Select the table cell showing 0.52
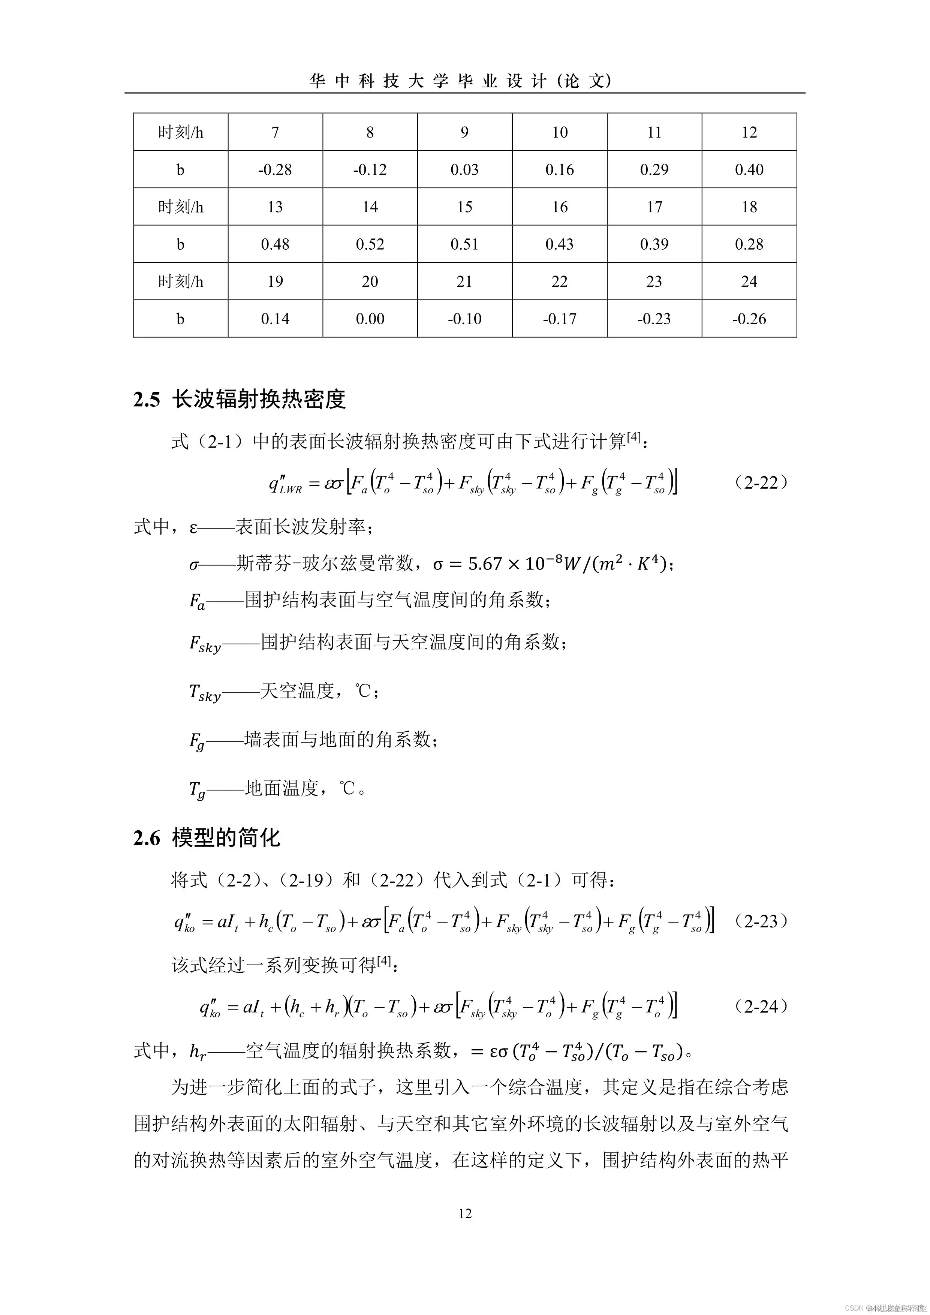pos(370,244)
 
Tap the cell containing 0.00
pos(370,318)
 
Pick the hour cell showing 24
pos(749,281)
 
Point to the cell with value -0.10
pos(464,318)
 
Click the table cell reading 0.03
pos(464,169)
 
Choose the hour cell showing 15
pos(464,207)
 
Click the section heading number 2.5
pos(147,400)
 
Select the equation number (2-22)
pos(761,483)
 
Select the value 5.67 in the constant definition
pos(485,564)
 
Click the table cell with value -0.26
pos(749,318)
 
